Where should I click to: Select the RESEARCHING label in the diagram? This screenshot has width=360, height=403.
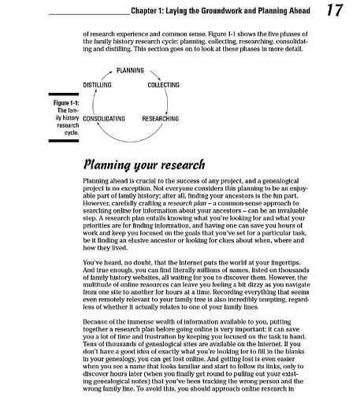(x=160, y=118)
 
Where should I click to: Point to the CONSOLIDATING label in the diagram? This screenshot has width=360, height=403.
(x=104, y=118)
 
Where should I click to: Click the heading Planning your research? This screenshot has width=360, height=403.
(x=143, y=165)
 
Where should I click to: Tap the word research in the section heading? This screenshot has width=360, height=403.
(x=180, y=165)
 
